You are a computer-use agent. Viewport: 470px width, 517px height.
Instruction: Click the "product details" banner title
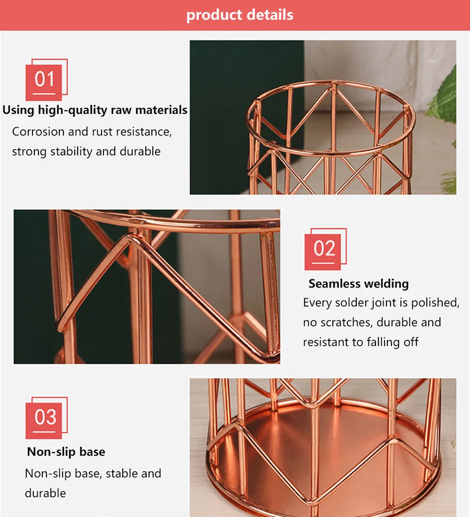240,15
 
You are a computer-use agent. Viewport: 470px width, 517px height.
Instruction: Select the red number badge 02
324,249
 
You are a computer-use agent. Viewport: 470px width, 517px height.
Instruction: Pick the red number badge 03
45,418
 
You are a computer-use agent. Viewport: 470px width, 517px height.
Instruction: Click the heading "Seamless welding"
359,283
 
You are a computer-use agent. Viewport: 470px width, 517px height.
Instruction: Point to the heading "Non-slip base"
66,452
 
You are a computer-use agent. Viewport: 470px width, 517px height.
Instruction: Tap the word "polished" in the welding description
434,303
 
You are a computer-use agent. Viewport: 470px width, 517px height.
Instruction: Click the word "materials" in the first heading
161,110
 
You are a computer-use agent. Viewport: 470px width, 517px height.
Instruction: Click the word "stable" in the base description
122,474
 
